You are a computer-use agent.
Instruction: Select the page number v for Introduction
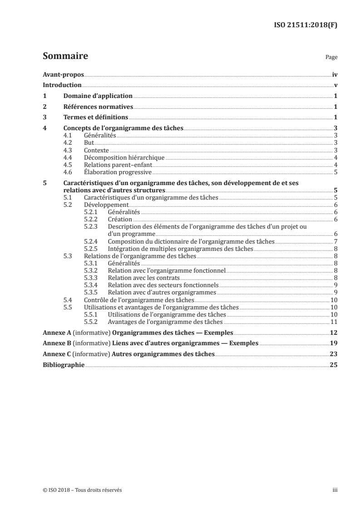click(335, 85)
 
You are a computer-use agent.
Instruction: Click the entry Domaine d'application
click(98, 96)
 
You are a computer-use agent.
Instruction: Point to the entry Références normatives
click(98, 107)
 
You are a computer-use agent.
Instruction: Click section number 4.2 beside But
click(68, 143)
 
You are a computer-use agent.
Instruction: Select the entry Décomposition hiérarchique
click(123, 157)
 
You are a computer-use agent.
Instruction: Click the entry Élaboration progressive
click(118, 172)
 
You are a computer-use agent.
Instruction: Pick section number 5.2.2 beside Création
click(92, 220)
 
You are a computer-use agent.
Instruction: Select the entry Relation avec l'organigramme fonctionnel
click(167, 271)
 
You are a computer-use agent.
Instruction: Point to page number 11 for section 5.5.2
click(334, 322)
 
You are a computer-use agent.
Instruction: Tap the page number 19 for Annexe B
click(334, 344)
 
